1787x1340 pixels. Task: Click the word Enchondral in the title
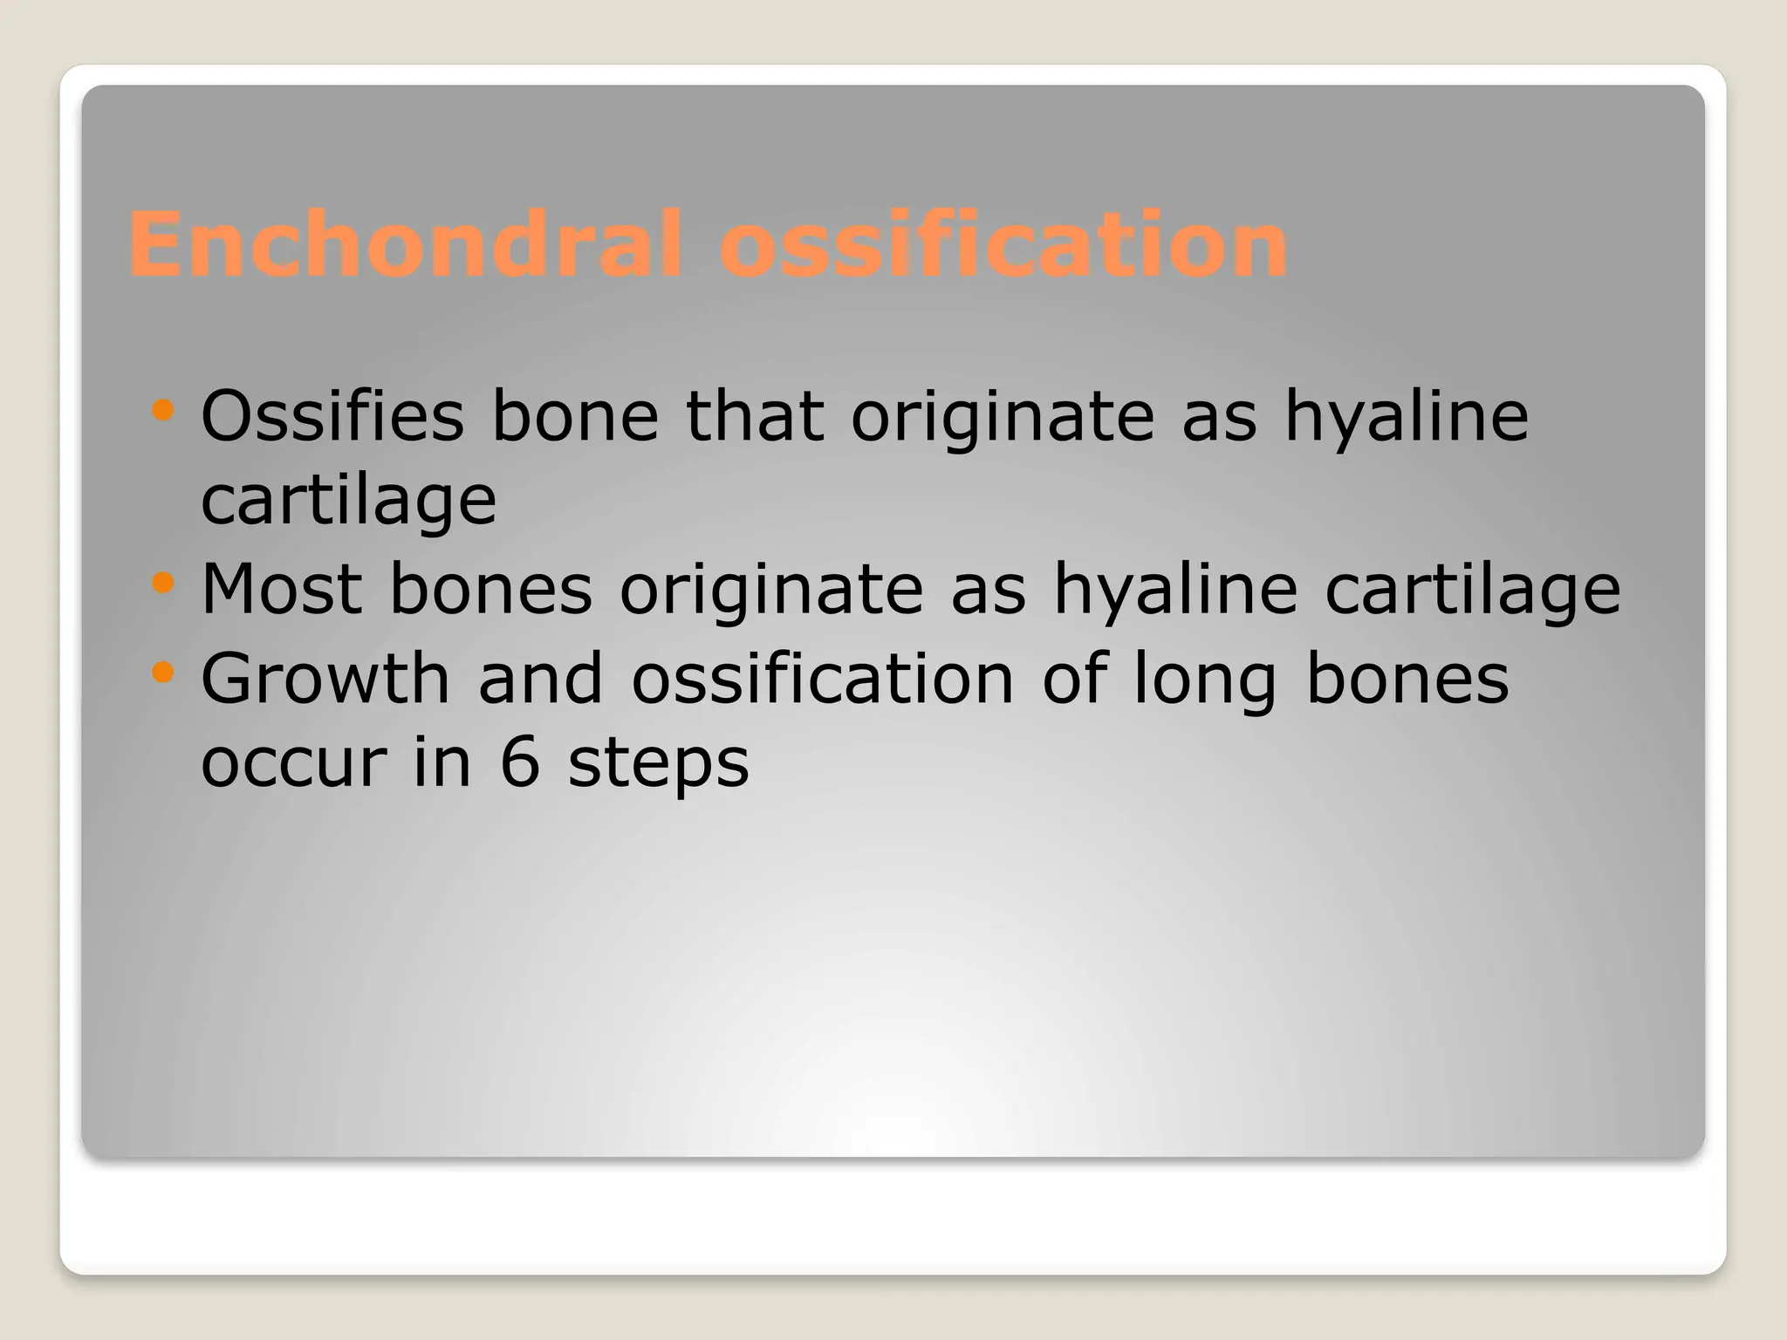pyautogui.click(x=403, y=245)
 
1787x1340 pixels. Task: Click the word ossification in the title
pyautogui.click(x=1003, y=245)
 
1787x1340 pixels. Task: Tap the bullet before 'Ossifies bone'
pyautogui.click(x=162, y=409)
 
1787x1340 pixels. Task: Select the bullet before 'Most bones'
pyautogui.click(x=162, y=582)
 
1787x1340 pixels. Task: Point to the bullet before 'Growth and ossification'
pyautogui.click(x=162, y=672)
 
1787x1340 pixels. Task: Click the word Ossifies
pyautogui.click(x=332, y=416)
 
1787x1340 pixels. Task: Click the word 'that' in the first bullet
pyautogui.click(x=754, y=416)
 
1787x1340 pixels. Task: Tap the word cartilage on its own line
pyautogui.click(x=348, y=502)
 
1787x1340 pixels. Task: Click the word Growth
pyautogui.click(x=325, y=678)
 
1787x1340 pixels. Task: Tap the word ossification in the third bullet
pyautogui.click(x=822, y=678)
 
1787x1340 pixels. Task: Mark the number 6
pyautogui.click(x=519, y=762)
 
